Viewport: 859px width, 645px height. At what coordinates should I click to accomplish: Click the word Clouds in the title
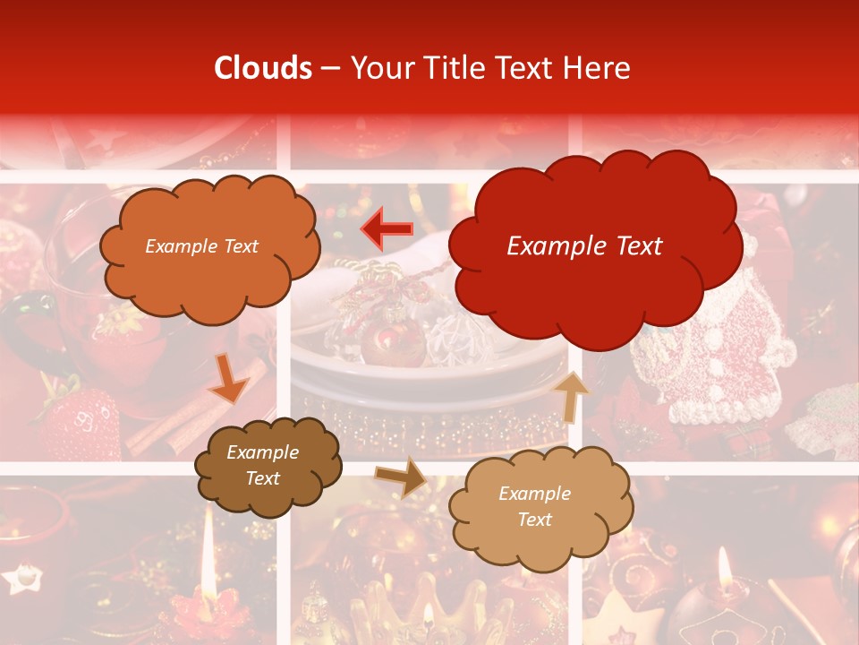pos(263,68)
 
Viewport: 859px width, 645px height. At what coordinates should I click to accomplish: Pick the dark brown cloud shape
pos(268,466)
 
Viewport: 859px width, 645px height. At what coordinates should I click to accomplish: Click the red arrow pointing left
pos(387,228)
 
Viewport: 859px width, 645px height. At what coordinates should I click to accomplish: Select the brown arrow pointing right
pos(401,477)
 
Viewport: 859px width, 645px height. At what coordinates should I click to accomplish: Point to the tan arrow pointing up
pos(570,395)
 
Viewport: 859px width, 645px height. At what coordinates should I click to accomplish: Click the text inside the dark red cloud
pos(584,246)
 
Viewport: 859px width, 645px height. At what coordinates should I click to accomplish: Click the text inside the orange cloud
pos(201,246)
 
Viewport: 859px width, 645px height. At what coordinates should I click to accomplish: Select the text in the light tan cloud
pos(534,506)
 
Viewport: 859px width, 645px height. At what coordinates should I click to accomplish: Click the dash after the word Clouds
pos(329,69)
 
